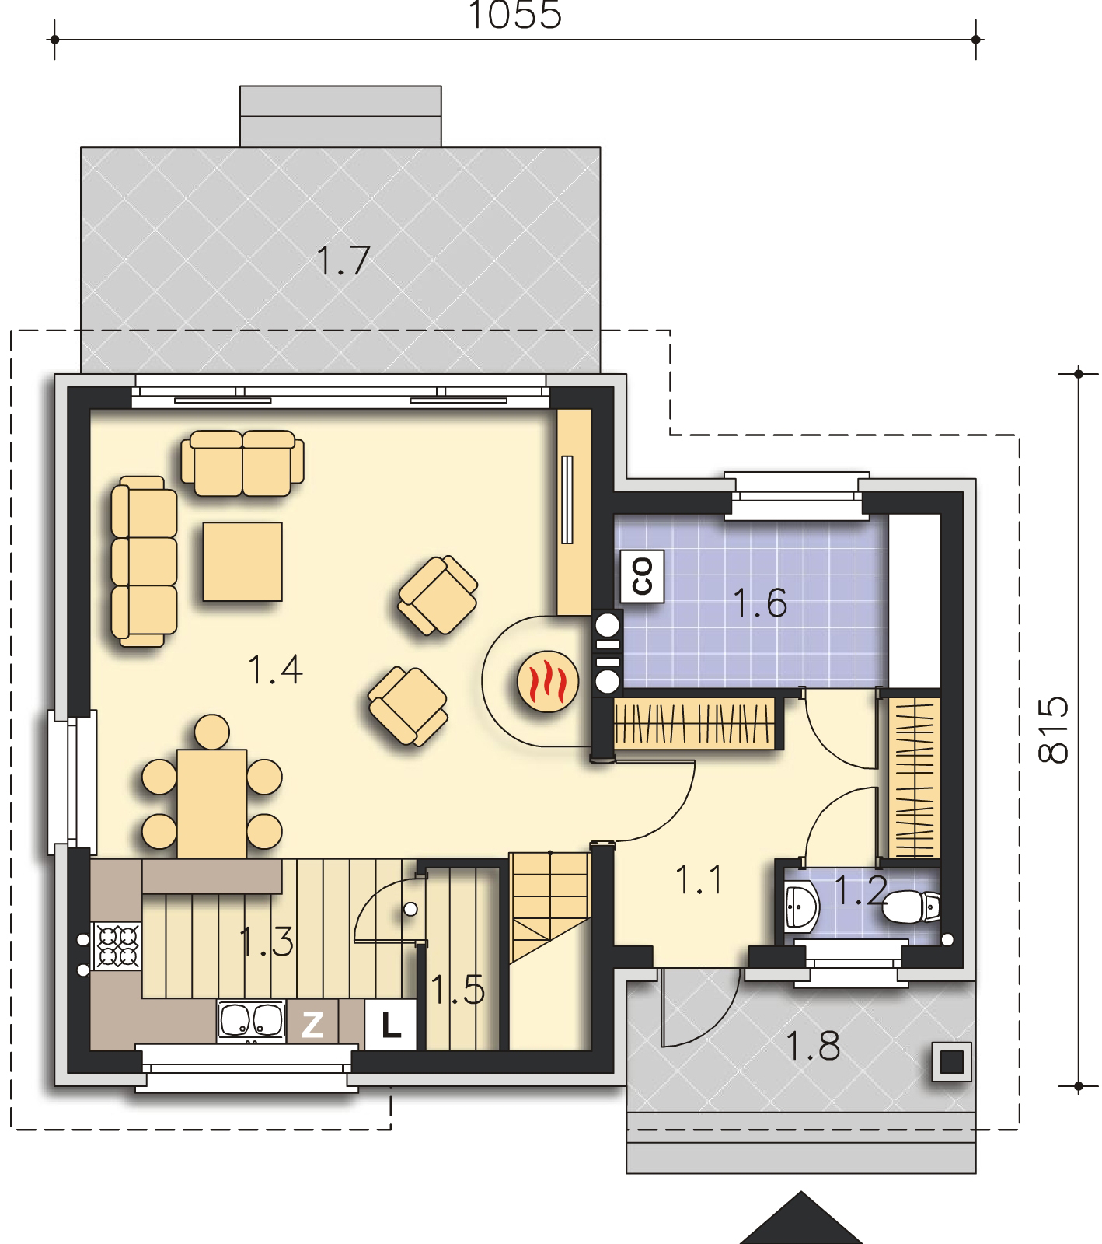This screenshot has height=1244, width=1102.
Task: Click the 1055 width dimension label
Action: pyautogui.click(x=515, y=15)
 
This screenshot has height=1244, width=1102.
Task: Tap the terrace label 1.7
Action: pyautogui.click(x=343, y=260)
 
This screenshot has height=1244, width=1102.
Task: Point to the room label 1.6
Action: pyautogui.click(x=760, y=603)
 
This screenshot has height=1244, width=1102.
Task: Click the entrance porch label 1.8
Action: pyautogui.click(x=814, y=1046)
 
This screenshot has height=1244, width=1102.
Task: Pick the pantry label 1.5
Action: pyautogui.click(x=458, y=990)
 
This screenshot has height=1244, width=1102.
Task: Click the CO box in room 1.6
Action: pyautogui.click(x=643, y=577)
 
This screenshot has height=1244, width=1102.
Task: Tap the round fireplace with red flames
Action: pyautogui.click(x=549, y=682)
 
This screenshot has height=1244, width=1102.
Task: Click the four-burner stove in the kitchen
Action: pyautogui.click(x=117, y=945)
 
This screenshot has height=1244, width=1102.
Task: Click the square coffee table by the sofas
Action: pyautogui.click(x=242, y=561)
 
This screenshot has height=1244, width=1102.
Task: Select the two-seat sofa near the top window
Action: pyautogui.click(x=242, y=464)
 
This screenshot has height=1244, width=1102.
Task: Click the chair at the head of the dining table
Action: pyautogui.click(x=212, y=732)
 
